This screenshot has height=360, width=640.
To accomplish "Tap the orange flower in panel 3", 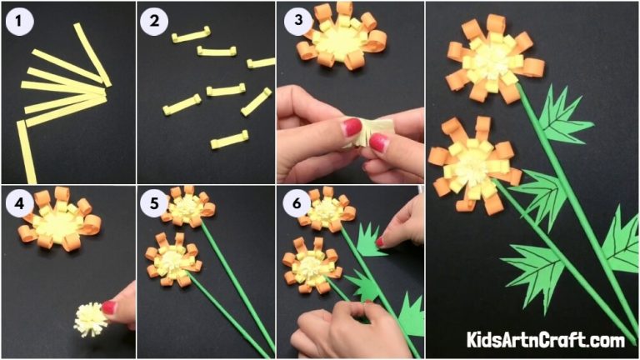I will coord(341,37).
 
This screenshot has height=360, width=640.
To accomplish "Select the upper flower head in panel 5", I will coord(187,207).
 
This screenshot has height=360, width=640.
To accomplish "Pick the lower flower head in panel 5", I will coord(172,257).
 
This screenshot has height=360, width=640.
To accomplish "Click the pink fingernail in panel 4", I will coord(109,307).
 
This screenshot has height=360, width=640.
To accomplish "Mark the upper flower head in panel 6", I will coord(327,209).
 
